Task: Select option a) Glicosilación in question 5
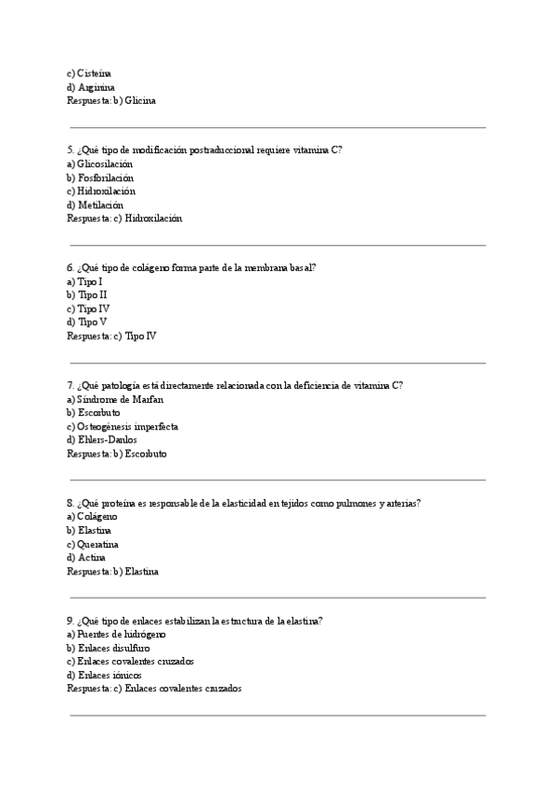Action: point(99,163)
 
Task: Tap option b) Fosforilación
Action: point(100,177)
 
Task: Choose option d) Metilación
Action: point(95,205)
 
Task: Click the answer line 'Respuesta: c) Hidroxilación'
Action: point(124,219)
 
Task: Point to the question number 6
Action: point(71,267)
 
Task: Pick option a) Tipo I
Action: point(84,281)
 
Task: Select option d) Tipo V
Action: point(86,322)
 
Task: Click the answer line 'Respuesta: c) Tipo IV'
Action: point(111,336)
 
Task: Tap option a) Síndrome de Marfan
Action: point(115,399)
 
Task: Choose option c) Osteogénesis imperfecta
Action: point(123,427)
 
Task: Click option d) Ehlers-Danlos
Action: point(102,440)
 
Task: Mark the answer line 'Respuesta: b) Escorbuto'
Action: point(117,455)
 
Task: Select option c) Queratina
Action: point(93,544)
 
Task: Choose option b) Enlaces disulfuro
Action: point(109,648)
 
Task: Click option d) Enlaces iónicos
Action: point(104,676)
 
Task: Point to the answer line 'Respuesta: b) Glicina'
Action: point(111,100)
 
